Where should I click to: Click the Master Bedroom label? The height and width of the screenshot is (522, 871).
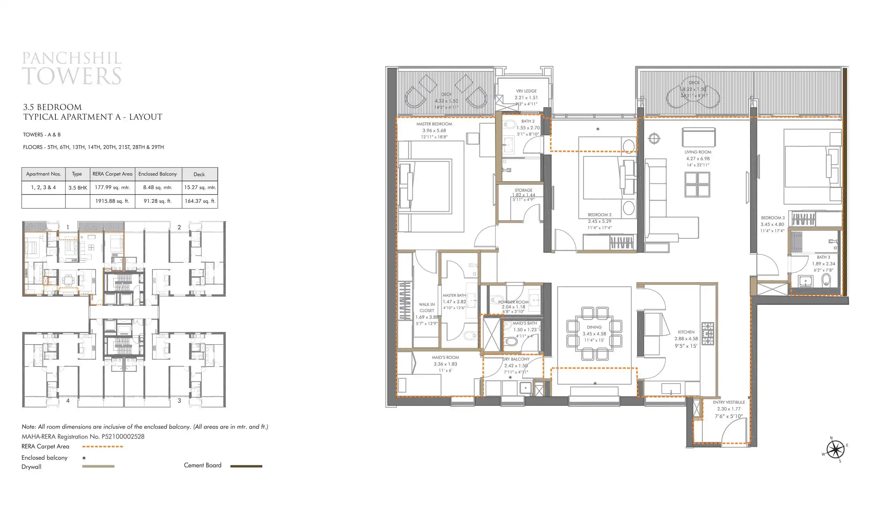[x=434, y=124]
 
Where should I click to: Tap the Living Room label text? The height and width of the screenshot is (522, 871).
[x=697, y=152]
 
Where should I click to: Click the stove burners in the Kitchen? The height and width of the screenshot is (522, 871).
[x=708, y=333]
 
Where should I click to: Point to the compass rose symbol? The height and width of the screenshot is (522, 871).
[x=835, y=450]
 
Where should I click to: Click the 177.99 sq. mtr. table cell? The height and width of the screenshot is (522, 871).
[x=112, y=188]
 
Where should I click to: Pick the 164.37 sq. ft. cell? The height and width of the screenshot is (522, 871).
[x=200, y=201]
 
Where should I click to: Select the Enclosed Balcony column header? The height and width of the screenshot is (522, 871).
[x=158, y=174]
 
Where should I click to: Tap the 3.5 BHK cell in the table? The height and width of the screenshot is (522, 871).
[x=77, y=188]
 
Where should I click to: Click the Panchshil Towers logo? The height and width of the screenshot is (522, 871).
[x=72, y=69]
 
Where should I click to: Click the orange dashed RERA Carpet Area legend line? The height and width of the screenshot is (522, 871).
[x=102, y=446]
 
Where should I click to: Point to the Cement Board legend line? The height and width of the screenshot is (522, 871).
[x=246, y=466]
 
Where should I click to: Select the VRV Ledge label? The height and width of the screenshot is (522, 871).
[x=526, y=91]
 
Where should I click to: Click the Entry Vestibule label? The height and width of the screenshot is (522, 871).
[x=729, y=402]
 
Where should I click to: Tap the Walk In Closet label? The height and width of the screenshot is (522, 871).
[x=427, y=307]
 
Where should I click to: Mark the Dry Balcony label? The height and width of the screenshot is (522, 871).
[x=516, y=359]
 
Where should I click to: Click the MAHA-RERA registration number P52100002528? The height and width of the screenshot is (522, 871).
[x=123, y=436]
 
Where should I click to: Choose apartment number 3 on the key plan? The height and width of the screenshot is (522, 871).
[x=179, y=401]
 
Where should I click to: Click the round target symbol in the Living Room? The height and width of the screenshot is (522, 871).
[x=654, y=138]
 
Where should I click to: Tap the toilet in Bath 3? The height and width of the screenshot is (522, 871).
[x=826, y=280]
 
